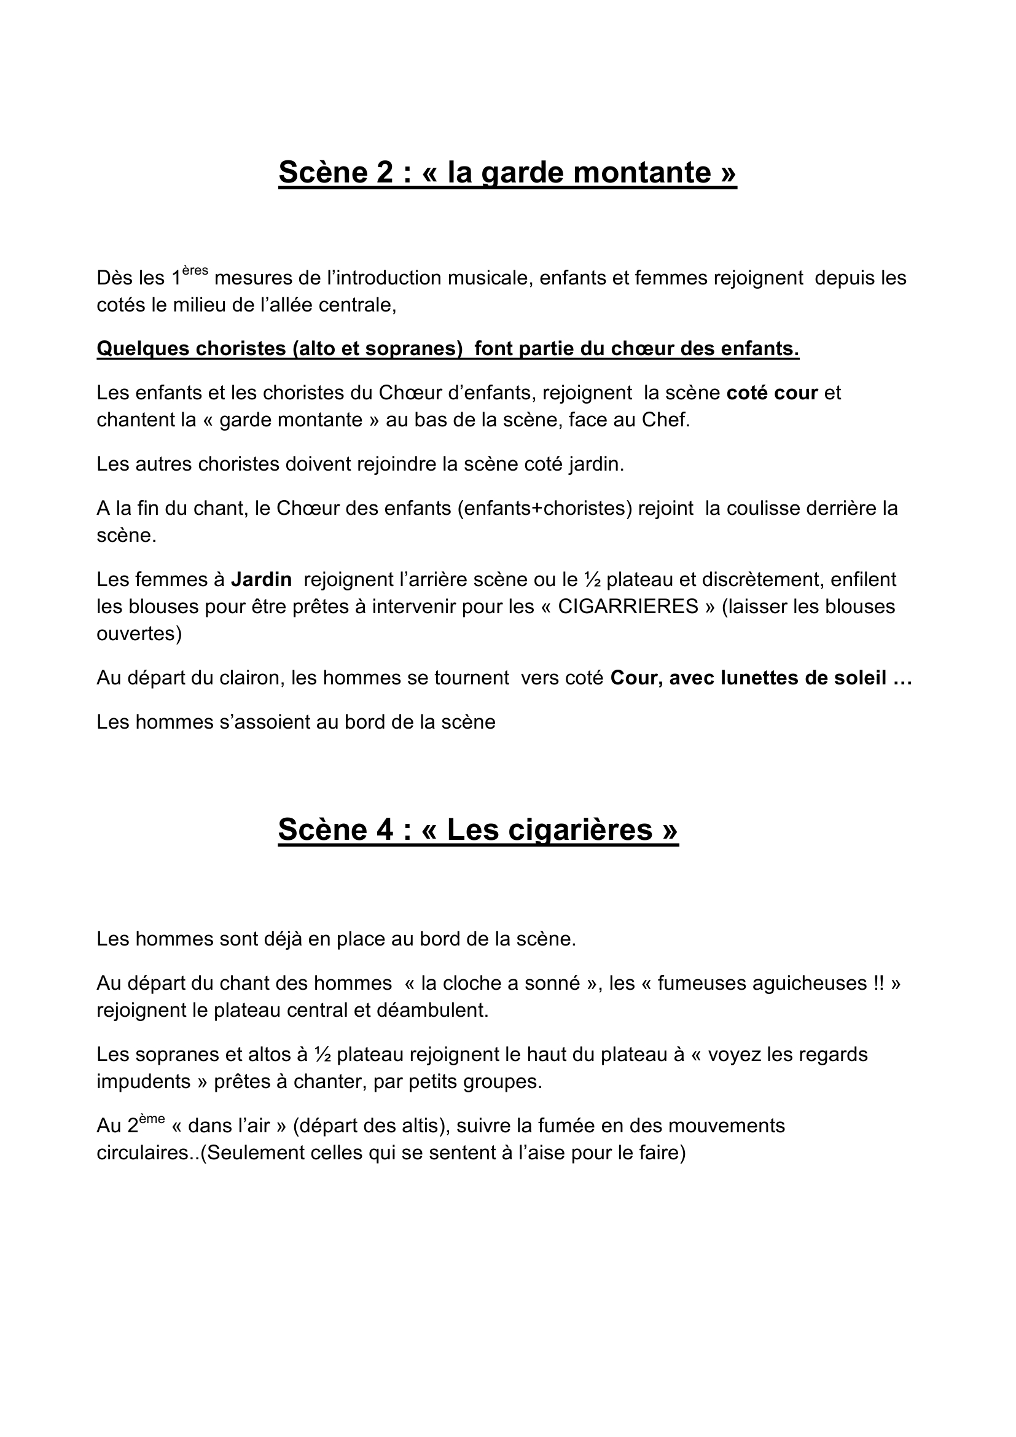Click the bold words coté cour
point(772,393)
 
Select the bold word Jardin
point(261,579)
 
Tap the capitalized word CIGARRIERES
point(628,606)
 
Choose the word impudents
point(143,1081)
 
